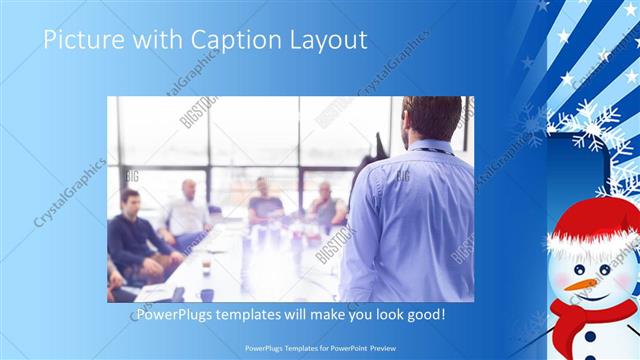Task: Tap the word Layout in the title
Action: [x=333, y=40]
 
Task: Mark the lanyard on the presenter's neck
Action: [x=432, y=149]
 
